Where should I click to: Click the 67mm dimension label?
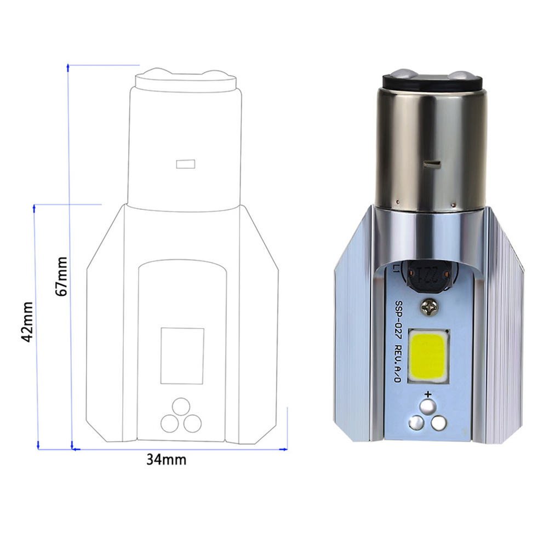(61, 276)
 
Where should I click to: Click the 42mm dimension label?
(27, 322)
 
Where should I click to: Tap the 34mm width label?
(167, 459)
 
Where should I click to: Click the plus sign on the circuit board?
(428, 394)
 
